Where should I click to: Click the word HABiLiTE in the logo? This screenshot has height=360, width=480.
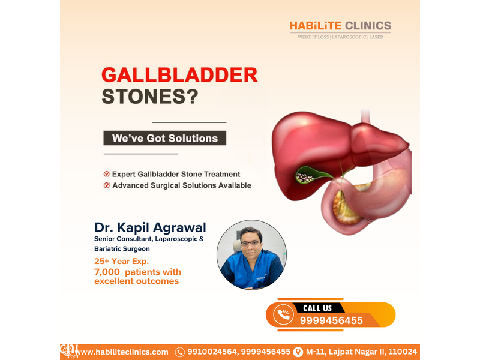pyautogui.click(x=316, y=26)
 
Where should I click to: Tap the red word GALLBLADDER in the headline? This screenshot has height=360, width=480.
pyautogui.click(x=179, y=75)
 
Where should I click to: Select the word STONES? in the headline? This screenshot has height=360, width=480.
pyautogui.click(x=150, y=97)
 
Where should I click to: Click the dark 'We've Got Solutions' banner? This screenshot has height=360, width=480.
pyautogui.click(x=164, y=138)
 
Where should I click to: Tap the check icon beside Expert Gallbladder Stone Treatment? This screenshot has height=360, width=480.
pyautogui.click(x=107, y=174)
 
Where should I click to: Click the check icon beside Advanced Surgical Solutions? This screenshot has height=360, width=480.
pyautogui.click(x=107, y=185)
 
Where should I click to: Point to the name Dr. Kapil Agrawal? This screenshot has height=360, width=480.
pyautogui.click(x=150, y=227)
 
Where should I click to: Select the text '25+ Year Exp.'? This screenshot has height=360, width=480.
pyautogui.click(x=122, y=261)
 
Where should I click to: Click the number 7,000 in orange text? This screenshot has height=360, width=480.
pyautogui.click(x=107, y=272)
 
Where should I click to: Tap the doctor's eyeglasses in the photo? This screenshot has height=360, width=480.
pyautogui.click(x=250, y=244)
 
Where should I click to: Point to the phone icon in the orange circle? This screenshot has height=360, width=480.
pyautogui.click(x=283, y=314)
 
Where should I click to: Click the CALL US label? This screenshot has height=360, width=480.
pyautogui.click(x=317, y=308)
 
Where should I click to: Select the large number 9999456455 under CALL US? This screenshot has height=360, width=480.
pyautogui.click(x=331, y=320)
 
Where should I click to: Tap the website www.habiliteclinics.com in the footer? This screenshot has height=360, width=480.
pyautogui.click(x=121, y=352)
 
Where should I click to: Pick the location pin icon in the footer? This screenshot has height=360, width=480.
pyautogui.click(x=298, y=352)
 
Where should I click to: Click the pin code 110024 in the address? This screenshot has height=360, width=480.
pyautogui.click(x=403, y=352)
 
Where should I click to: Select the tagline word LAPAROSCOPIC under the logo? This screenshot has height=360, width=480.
pyautogui.click(x=349, y=37)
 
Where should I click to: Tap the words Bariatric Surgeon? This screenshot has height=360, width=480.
pyautogui.click(x=122, y=249)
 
